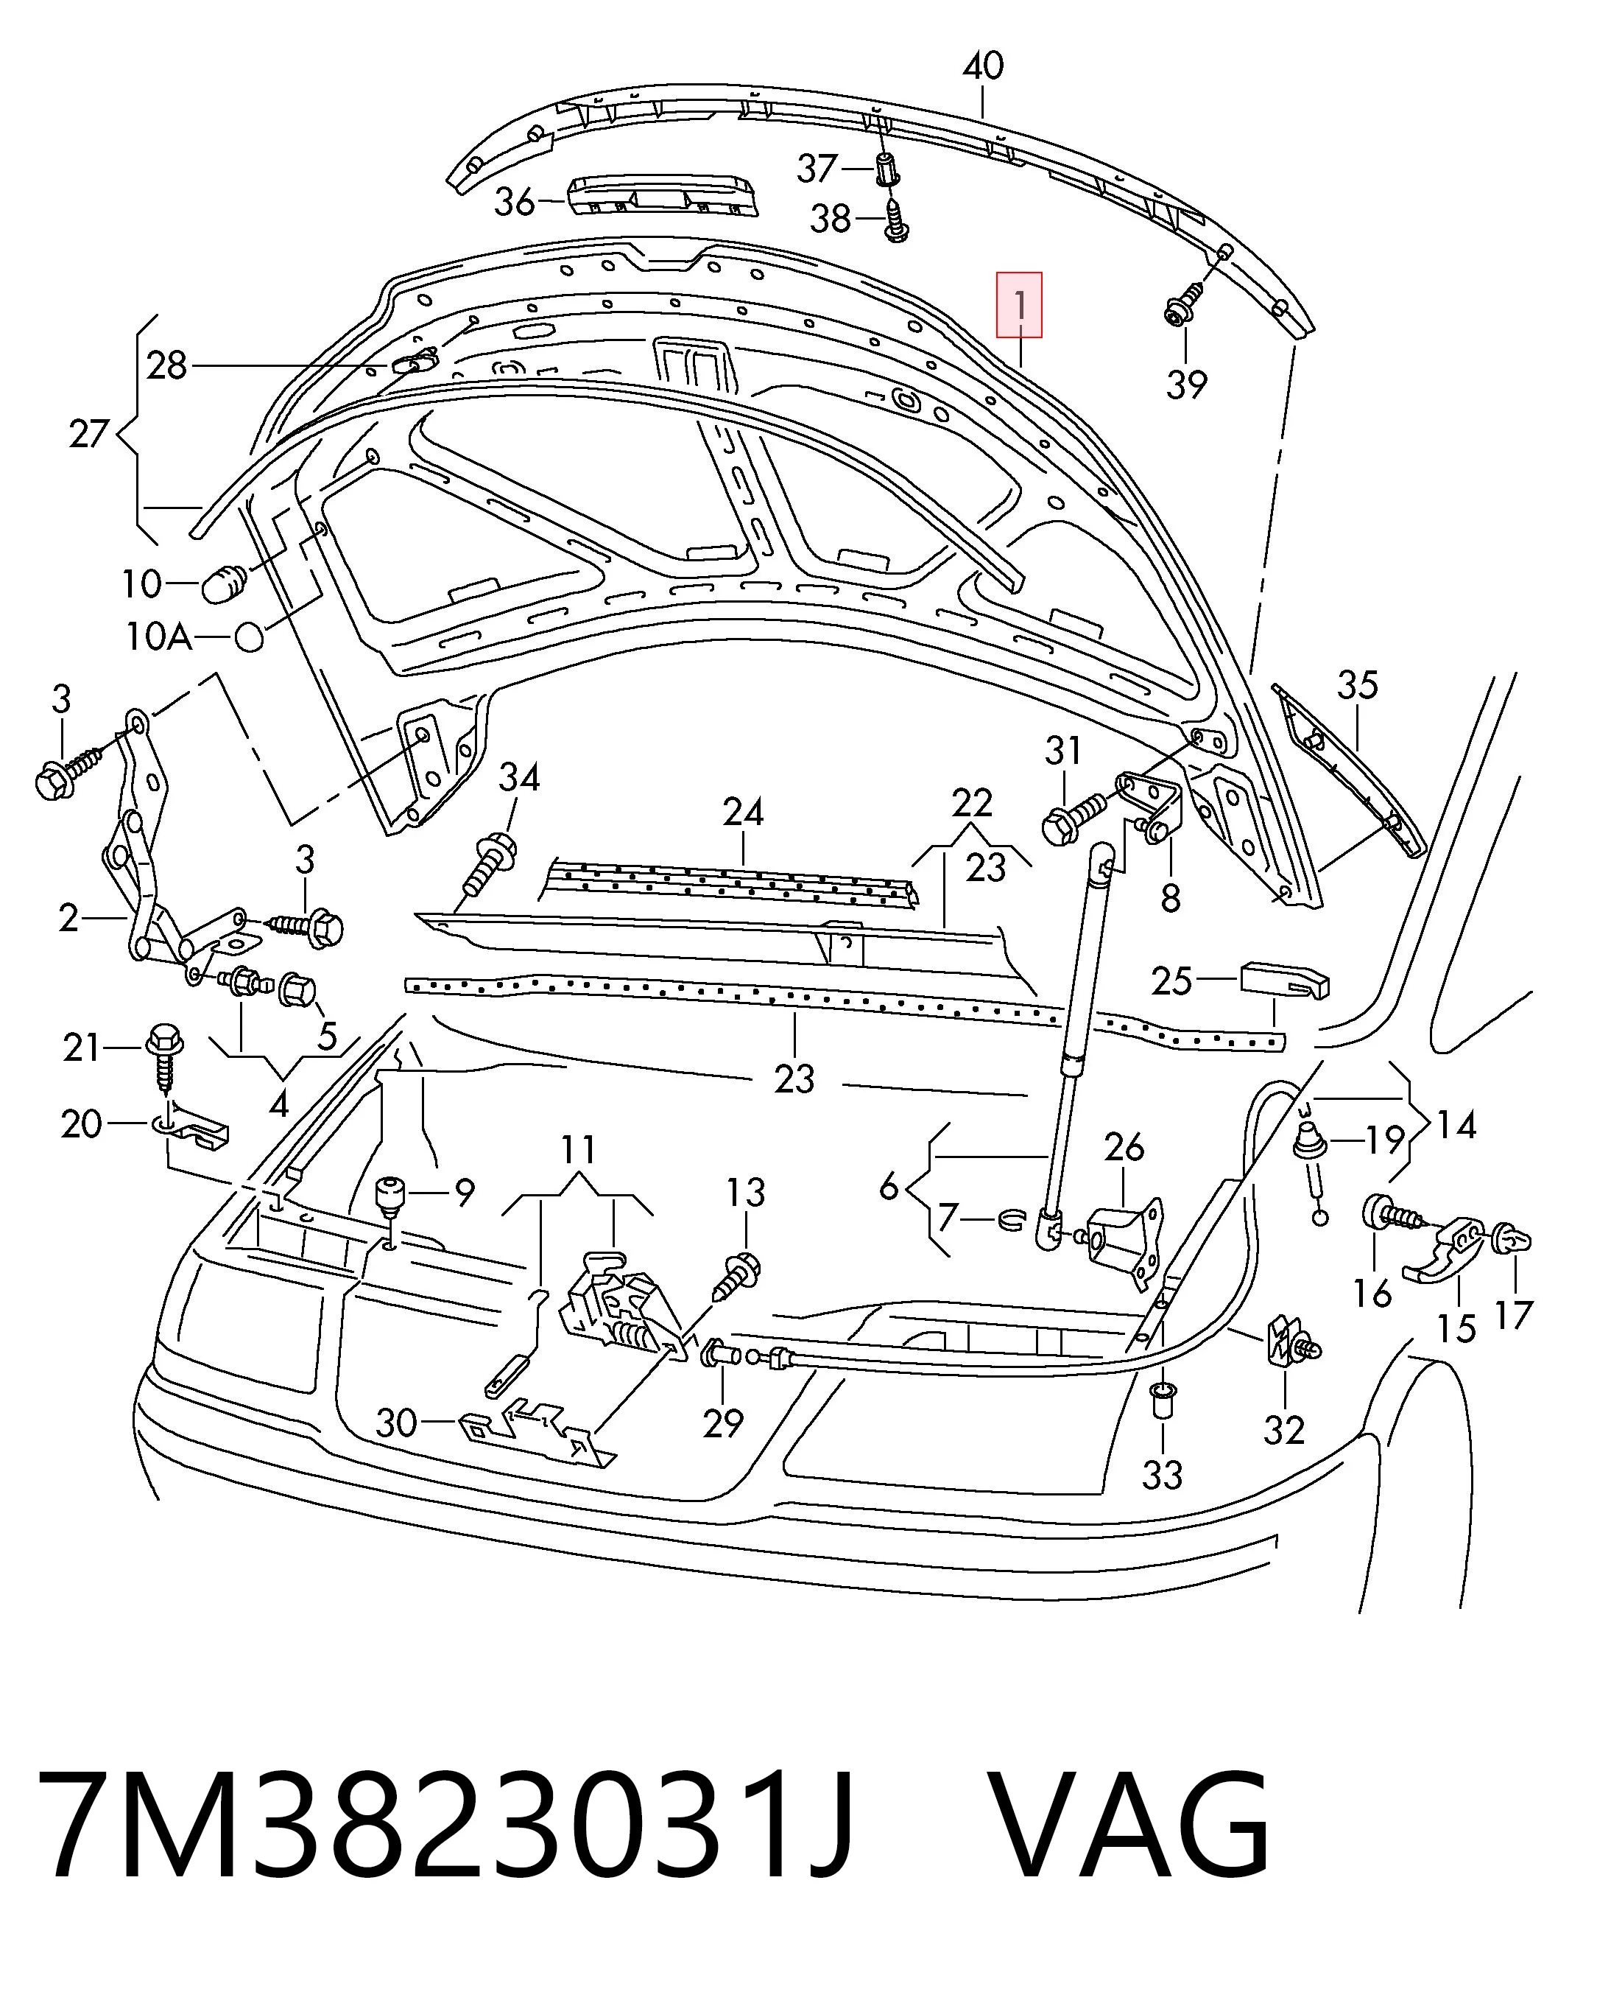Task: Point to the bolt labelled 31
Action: (x=1076, y=814)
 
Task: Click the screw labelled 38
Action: (x=895, y=220)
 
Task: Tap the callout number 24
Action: (x=744, y=813)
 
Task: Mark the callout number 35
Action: (x=1358, y=685)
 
